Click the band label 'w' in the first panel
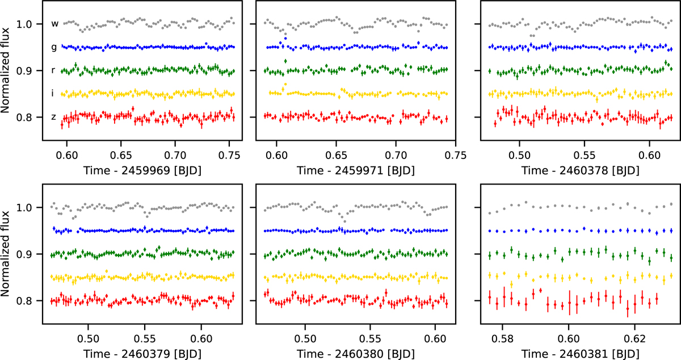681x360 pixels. point(55,24)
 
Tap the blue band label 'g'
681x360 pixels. point(54,48)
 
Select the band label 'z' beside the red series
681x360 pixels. point(54,117)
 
